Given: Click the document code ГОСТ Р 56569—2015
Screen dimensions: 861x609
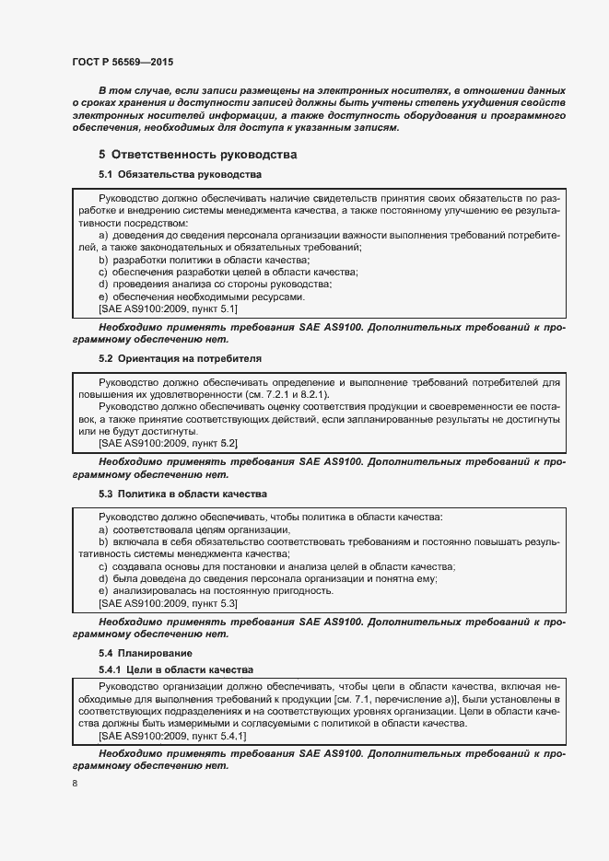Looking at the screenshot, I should pyautogui.click(x=122, y=62).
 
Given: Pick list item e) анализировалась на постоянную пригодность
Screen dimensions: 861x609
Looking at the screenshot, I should pyautogui.click(x=209, y=591).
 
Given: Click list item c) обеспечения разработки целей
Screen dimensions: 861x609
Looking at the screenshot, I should pyautogui.click(x=228, y=273).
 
